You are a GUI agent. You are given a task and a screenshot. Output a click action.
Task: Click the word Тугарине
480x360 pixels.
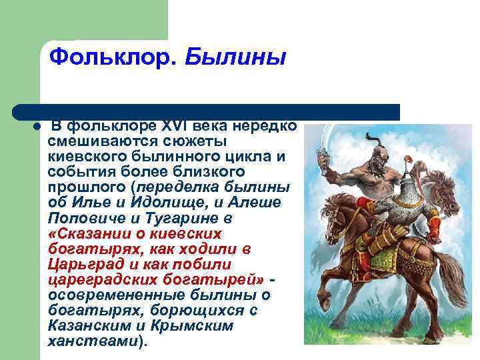click(x=191, y=218)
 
